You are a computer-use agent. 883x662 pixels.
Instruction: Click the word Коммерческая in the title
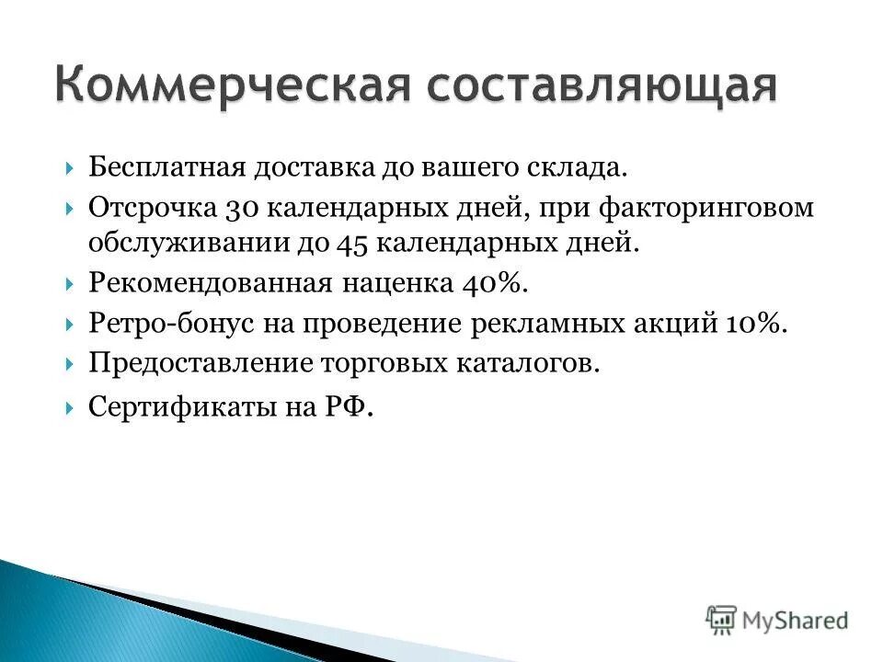pyautogui.click(x=230, y=84)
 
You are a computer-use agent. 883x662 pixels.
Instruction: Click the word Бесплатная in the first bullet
pyautogui.click(x=164, y=168)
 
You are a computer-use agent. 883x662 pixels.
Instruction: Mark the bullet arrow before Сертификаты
pyautogui.click(x=71, y=406)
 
